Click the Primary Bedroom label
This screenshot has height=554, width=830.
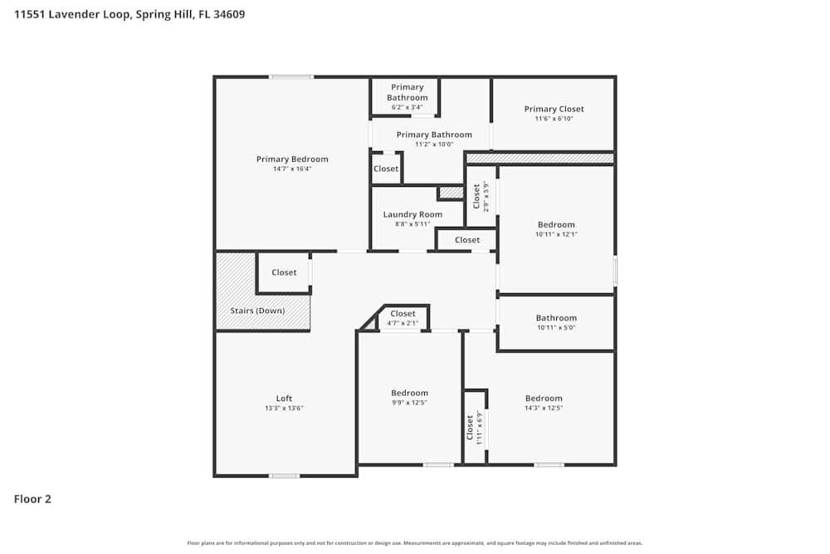292,159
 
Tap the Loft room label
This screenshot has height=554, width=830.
284,398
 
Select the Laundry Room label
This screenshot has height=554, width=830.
413,214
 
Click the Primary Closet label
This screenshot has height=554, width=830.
554,109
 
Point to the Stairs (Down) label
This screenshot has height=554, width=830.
257,311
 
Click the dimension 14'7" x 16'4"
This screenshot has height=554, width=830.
292,169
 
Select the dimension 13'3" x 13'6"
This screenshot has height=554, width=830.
284,408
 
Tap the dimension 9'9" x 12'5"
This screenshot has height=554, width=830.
409,403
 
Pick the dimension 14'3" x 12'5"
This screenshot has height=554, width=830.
544,408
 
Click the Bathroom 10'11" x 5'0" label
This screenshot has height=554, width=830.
556,318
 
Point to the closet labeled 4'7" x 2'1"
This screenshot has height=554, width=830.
403,318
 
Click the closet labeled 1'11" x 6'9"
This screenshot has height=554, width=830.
474,427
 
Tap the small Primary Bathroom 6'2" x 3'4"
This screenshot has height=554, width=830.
408,96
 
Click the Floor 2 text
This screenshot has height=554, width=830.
32,499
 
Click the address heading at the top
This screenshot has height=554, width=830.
129,14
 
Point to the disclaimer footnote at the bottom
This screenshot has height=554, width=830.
415,543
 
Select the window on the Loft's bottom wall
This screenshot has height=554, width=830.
284,476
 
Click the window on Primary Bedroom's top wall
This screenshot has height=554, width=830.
291,77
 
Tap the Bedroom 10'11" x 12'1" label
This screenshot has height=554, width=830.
556,224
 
